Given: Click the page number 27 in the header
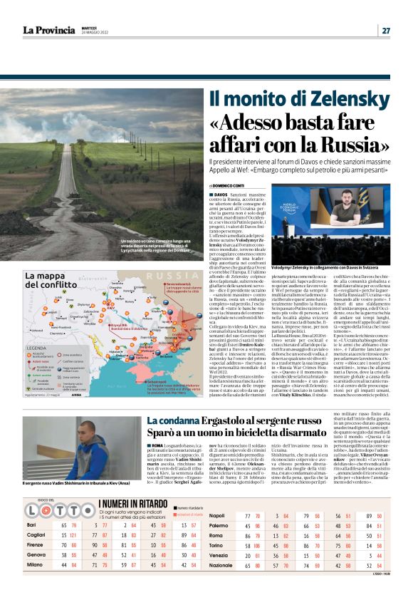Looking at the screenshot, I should pyautogui.click(x=385, y=30).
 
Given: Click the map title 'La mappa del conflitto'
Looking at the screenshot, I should pyautogui.click(x=50, y=280).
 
